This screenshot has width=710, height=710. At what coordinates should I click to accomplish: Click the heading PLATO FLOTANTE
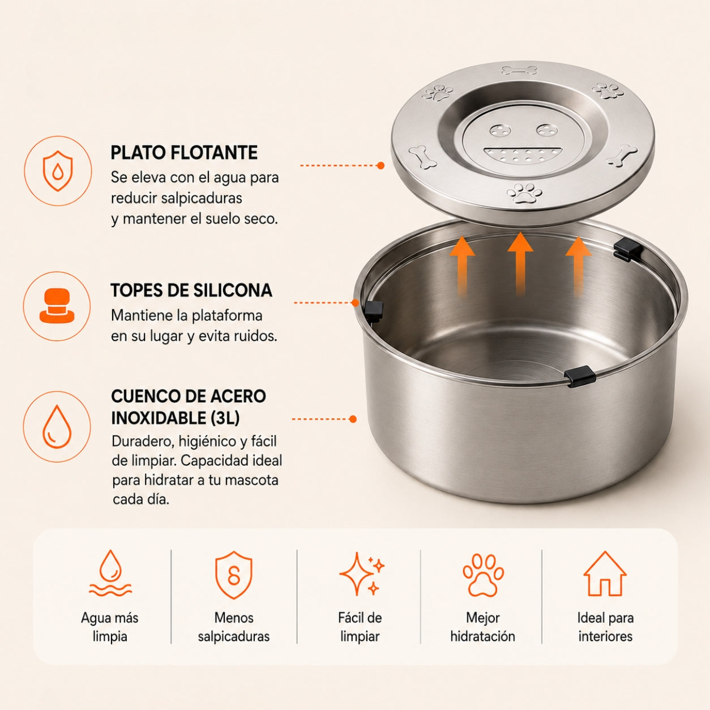[x=184, y=152]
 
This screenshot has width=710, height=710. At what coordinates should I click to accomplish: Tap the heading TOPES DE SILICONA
[x=191, y=290]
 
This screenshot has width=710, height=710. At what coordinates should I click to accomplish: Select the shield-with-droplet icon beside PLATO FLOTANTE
[x=58, y=170]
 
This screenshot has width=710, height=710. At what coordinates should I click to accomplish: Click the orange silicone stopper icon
[x=57, y=306]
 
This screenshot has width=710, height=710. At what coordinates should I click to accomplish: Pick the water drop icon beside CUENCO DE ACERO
[x=57, y=427]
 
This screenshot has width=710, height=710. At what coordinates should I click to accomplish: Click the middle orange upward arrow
[x=520, y=263]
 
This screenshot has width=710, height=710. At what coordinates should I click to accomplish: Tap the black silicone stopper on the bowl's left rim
[x=374, y=311]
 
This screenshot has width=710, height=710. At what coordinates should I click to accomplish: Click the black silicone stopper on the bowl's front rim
[x=580, y=376]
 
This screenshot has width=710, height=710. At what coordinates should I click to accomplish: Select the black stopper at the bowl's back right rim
[x=628, y=250]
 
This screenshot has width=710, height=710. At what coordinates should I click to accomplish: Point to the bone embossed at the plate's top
[x=520, y=70]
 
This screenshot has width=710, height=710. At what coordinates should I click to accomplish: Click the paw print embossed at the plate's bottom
[x=525, y=193]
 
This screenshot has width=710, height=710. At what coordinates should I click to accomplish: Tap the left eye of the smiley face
[x=500, y=130]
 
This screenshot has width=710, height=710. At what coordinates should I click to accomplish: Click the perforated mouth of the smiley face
[x=523, y=155]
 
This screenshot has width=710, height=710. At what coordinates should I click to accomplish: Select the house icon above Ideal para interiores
[x=605, y=574]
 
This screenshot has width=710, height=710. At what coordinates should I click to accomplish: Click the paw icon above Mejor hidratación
[x=483, y=575]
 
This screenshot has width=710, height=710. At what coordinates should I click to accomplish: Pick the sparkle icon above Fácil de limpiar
[x=361, y=574]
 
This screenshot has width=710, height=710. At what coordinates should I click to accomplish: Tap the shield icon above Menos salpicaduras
[x=234, y=575]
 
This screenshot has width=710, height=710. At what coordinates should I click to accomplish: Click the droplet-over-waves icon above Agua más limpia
[x=110, y=574]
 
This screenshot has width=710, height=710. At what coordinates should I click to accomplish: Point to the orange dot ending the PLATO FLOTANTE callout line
[x=381, y=165]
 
